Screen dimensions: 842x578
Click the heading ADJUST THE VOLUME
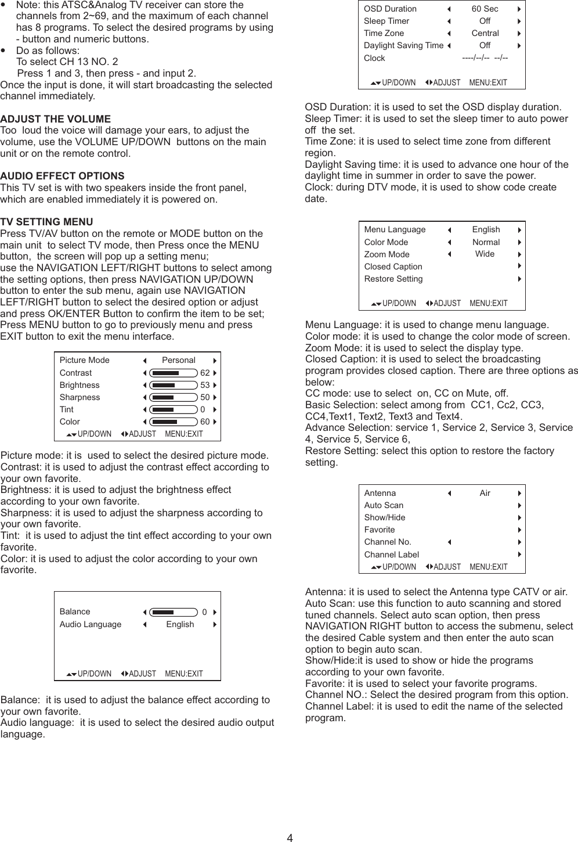[56, 119]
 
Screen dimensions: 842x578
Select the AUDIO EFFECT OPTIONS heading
[62, 176]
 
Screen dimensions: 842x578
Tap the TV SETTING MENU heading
[46, 222]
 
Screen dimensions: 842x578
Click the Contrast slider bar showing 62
[173, 373]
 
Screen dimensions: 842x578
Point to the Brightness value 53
[205, 385]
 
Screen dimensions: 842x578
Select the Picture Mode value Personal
[178, 360]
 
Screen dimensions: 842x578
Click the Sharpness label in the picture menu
[80, 397]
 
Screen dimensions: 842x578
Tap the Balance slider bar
[173, 612]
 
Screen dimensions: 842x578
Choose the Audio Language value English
[180, 624]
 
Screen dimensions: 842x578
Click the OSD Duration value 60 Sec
[485, 9]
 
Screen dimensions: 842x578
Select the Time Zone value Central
[485, 33]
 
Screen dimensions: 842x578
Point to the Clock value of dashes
[485, 58]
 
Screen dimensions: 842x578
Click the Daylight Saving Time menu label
[403, 45]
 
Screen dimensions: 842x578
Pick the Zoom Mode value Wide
[485, 254]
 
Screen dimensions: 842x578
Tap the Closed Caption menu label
[393, 267]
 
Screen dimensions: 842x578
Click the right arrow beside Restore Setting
[519, 279]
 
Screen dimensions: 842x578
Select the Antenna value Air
[485, 493]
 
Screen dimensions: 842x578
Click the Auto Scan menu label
[384, 505]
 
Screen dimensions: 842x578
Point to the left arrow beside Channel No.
[449, 542]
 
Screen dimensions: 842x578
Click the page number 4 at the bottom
[290, 837]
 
